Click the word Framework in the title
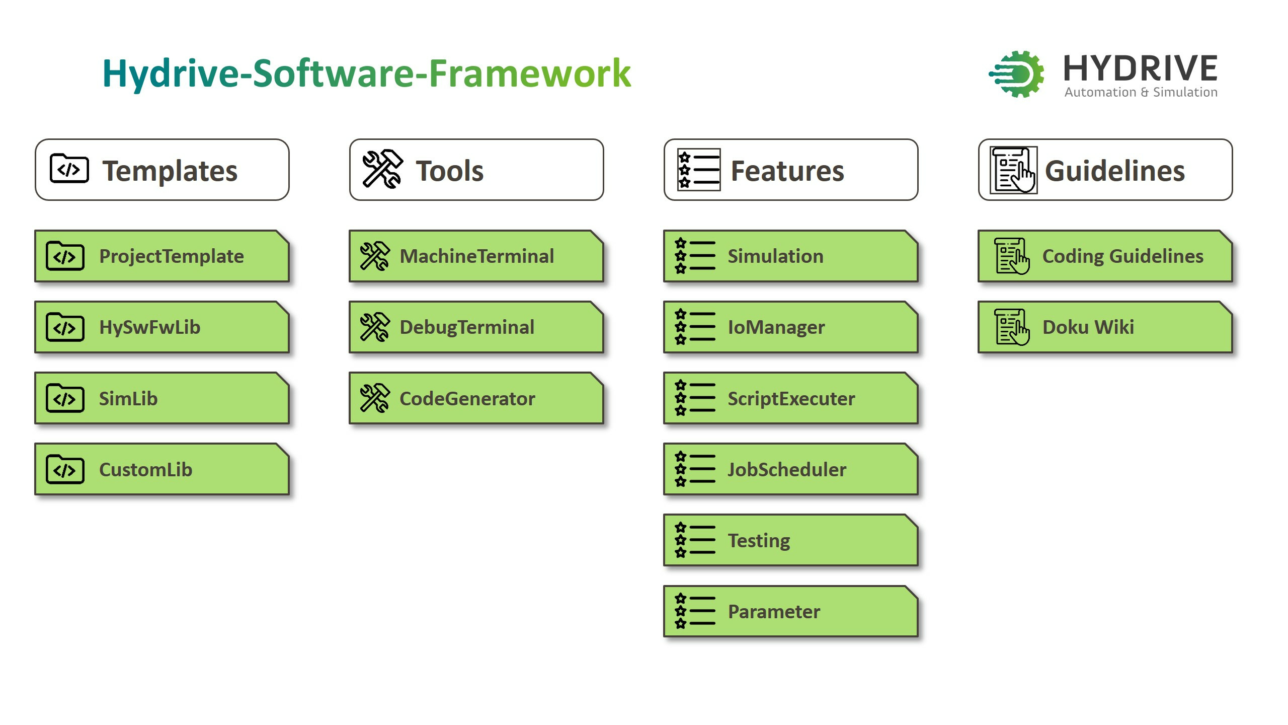click(x=530, y=74)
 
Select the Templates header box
click(x=162, y=170)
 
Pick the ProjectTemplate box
click(x=162, y=256)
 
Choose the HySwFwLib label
click(x=150, y=327)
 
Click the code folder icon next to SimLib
click(x=65, y=398)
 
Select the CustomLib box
click(x=162, y=469)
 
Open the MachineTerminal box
click(x=476, y=256)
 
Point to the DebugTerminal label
click(x=467, y=328)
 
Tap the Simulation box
click(x=791, y=256)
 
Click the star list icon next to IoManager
click(x=695, y=327)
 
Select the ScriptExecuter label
click(x=791, y=399)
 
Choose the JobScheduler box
click(x=791, y=469)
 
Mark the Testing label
click(x=759, y=541)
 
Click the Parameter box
click(x=791, y=611)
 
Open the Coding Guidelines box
click(x=1105, y=256)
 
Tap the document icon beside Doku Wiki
click(x=1012, y=327)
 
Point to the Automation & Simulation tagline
click(x=1141, y=92)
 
